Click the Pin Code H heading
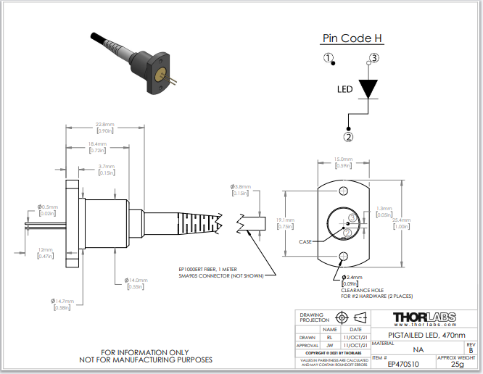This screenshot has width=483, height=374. pos(352,38)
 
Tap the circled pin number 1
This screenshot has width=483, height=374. pos(329,58)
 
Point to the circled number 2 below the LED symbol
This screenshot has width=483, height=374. pos(349,136)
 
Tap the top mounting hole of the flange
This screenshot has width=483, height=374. pos(343,191)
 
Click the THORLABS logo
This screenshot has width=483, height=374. pos(424,318)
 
